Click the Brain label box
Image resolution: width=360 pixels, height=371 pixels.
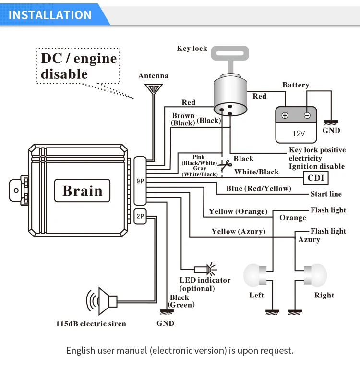pos(82,190)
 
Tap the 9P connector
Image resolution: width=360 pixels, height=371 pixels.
pos(140,181)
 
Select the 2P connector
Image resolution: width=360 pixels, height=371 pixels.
pos(140,216)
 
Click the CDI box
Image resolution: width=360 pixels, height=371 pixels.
pos(315,178)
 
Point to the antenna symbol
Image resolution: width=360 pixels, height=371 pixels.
pos(154,89)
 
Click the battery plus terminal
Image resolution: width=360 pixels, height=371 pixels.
pos(285,115)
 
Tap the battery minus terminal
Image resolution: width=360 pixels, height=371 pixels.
pos(307,115)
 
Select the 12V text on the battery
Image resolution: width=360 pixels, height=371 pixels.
pos(299,134)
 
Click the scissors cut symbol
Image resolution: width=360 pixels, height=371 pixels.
pos(225,165)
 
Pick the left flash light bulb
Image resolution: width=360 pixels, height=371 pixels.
pos(255,275)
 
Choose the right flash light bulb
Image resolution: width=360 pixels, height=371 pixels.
pos(315,275)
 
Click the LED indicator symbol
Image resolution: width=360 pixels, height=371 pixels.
pos(205,269)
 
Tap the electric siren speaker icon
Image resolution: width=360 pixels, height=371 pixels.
pos(102,301)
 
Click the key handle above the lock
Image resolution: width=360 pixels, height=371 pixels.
pos(230,59)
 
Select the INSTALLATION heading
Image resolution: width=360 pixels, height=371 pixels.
pos(50,15)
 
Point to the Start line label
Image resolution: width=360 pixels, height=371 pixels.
pos(326,194)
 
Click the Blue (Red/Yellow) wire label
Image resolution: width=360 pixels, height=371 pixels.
pos(259,188)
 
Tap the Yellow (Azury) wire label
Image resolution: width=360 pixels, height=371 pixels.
pos(238,232)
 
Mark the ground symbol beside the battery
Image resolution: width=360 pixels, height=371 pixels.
pos(331,123)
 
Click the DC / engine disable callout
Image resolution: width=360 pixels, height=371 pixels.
pos(78,66)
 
